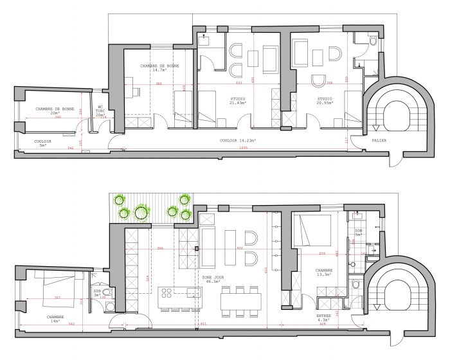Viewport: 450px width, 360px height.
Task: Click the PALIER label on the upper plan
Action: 379,139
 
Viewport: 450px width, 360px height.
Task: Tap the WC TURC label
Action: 100,111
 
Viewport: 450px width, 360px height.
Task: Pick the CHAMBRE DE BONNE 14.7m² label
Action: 160,69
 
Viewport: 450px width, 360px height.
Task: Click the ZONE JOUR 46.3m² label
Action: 212,279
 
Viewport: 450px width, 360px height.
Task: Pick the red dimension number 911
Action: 204,325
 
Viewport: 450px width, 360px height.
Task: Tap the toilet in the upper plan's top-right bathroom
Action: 373,40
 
